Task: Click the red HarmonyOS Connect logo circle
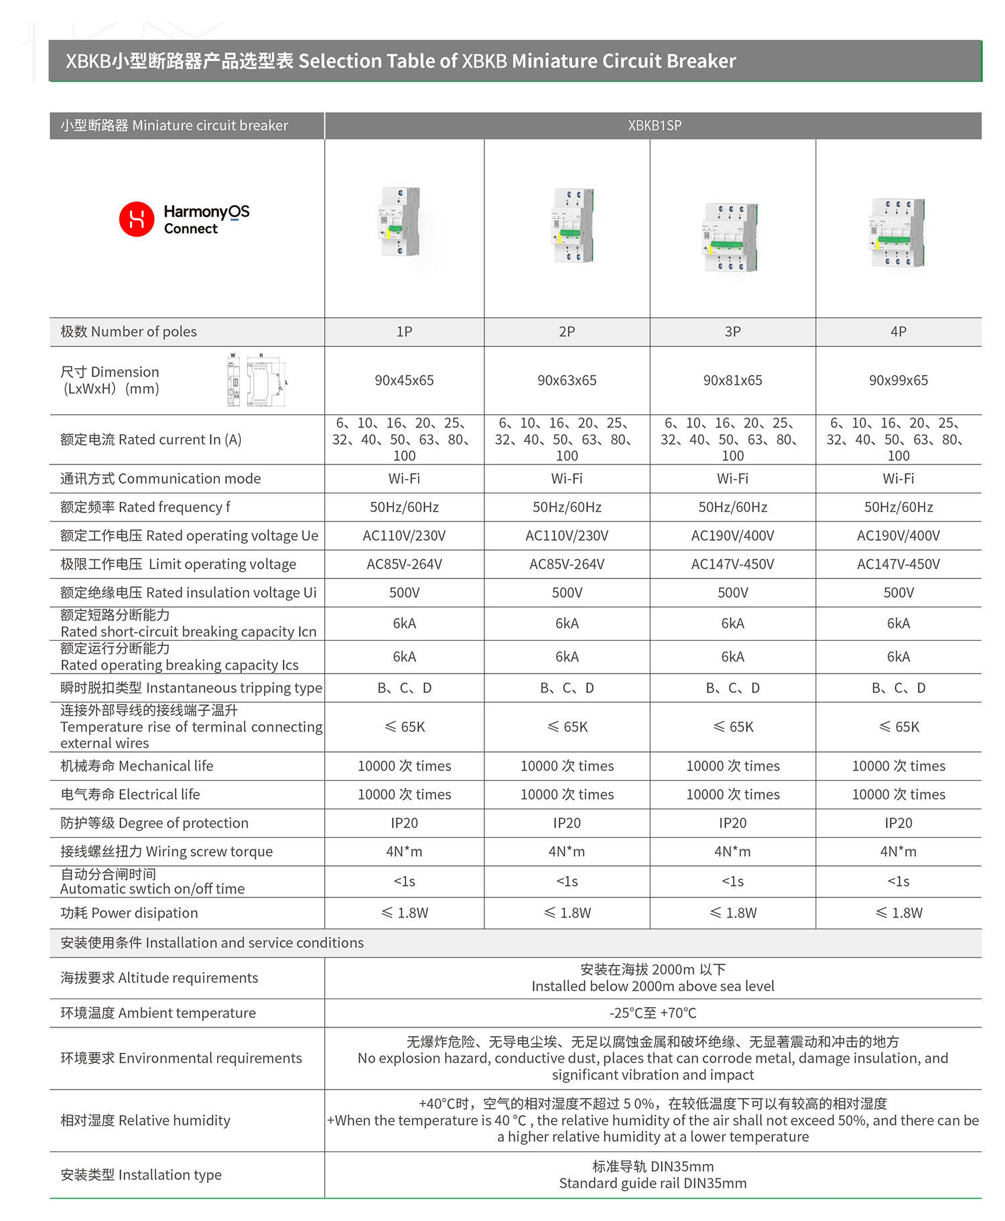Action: coord(137,219)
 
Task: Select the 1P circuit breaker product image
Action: coord(400,222)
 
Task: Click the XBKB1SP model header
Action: coord(654,125)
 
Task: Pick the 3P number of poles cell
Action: coord(732,332)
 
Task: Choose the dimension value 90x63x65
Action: coord(567,380)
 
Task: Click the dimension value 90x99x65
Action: coord(898,380)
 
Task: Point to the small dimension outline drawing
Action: coord(257,380)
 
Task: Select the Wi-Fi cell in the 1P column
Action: coord(404,478)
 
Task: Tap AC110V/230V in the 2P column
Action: coord(567,535)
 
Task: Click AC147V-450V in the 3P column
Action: coord(732,564)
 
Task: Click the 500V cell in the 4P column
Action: coord(898,592)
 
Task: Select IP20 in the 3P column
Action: coord(732,823)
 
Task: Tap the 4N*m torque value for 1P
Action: coord(404,851)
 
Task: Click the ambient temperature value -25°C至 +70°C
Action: coord(653,1013)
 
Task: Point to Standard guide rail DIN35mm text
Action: coord(653,1183)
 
